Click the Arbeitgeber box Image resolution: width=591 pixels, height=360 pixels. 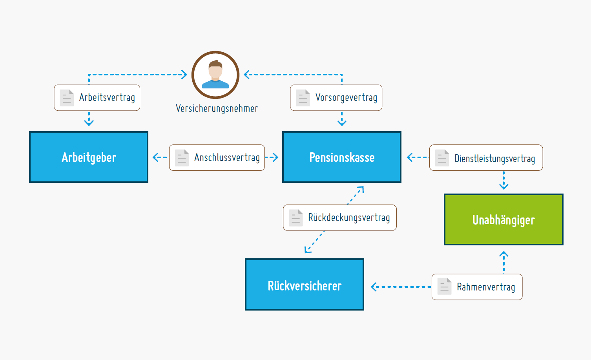(x=89, y=157)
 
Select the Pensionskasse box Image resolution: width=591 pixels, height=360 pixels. (x=341, y=157)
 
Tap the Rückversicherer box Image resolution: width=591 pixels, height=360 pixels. (x=304, y=285)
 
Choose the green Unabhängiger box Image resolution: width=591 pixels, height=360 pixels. (x=503, y=219)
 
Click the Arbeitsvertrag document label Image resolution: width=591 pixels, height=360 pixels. (x=97, y=98)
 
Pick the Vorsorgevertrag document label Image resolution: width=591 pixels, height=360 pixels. (x=336, y=98)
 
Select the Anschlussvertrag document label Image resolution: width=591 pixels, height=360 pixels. (x=217, y=158)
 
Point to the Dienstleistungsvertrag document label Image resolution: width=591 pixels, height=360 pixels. (x=486, y=158)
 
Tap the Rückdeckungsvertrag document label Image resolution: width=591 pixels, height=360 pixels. (x=340, y=217)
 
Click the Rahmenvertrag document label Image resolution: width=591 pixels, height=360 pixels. (x=477, y=287)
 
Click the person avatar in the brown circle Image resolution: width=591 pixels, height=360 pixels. (x=215, y=75)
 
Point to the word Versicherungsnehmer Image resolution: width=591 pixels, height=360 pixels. (x=217, y=108)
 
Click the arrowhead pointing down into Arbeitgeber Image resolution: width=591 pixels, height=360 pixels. (x=89, y=122)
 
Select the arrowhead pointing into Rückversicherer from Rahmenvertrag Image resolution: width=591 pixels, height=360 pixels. (x=374, y=287)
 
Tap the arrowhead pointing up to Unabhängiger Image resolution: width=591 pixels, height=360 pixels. (x=504, y=255)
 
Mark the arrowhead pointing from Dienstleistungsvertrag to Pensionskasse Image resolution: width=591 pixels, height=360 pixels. (x=410, y=157)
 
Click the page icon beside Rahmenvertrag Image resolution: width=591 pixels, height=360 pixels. (x=445, y=286)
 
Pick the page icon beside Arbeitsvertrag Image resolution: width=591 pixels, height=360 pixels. (x=67, y=98)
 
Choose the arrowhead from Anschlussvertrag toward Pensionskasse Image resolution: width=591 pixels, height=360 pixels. (x=275, y=158)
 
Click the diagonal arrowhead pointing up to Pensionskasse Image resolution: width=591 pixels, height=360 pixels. (x=361, y=189)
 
